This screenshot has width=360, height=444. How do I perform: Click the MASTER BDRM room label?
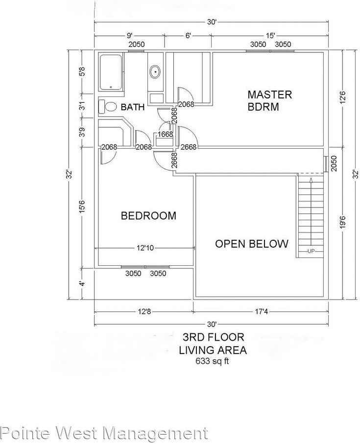coord(269,100)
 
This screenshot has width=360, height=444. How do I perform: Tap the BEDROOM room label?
coord(148,215)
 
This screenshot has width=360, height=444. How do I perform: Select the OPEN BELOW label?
coord(252,244)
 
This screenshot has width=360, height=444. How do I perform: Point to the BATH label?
coord(133,107)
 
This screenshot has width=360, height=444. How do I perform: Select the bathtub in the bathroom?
coord(111,72)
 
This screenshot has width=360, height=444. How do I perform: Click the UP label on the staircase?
coord(311,252)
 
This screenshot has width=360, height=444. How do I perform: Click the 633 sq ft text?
coord(212,362)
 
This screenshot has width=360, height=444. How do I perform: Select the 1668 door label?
coord(165,134)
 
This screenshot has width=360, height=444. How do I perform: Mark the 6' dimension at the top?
coord(188,35)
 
